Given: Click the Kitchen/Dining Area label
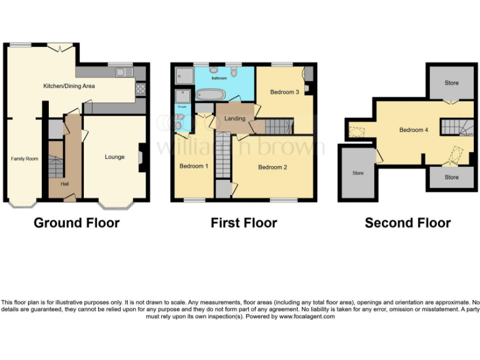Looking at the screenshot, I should pos(69,86).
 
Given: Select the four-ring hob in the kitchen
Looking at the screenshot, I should pos(141,89).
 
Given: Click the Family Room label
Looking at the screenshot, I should pos(24,159).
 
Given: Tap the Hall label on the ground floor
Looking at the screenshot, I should pos(65,184).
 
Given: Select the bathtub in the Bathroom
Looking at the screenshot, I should pos(211,95).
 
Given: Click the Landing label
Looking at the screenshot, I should pos(234,118).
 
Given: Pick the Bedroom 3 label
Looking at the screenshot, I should pos(284,92).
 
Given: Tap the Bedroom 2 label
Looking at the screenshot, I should pos(272,167).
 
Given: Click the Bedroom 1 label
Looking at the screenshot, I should pos(193,166).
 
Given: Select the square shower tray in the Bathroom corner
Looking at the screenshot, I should pos(185,76).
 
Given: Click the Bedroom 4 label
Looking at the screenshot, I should pos(414,130).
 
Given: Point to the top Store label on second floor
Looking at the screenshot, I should pos(451,82).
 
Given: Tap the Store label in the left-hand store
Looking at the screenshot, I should pos(357,173).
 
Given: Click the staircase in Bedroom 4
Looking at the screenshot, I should pos(457,127).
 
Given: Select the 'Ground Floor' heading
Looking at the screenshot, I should pos(76,222).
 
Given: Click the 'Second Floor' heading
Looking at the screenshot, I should pos(407,222).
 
